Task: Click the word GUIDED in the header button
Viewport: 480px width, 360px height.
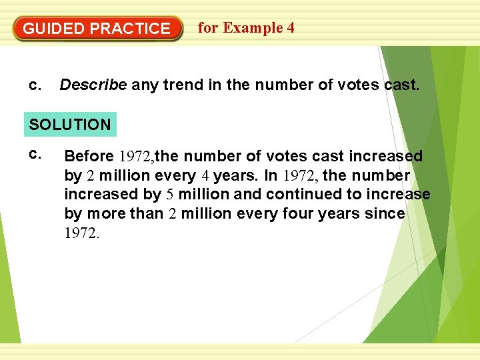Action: click(54, 29)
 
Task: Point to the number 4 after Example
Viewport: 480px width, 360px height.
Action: click(291, 28)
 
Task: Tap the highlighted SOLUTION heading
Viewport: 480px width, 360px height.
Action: click(70, 125)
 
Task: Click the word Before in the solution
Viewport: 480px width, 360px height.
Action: click(89, 157)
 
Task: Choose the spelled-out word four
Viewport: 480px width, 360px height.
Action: click(297, 214)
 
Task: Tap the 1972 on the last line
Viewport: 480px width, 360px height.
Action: click(81, 233)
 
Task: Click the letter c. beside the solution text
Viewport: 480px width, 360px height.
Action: click(34, 155)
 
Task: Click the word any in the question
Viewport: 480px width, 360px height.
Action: click(143, 85)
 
